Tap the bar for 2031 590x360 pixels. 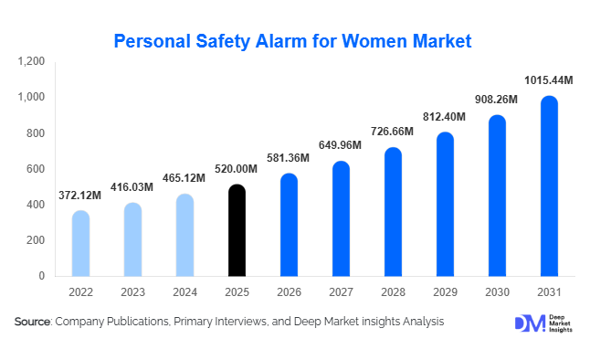[549, 186]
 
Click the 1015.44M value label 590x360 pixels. [549, 80]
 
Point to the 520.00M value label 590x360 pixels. [237, 170]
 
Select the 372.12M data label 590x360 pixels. [80, 196]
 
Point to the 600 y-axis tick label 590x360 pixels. [36, 169]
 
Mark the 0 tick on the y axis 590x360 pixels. [42, 276]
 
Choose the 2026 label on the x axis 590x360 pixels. [289, 292]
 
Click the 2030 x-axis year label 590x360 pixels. [497, 292]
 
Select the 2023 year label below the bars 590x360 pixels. [132, 292]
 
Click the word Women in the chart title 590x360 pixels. [367, 41]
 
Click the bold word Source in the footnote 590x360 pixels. [33, 322]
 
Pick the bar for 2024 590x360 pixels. [184, 235]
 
